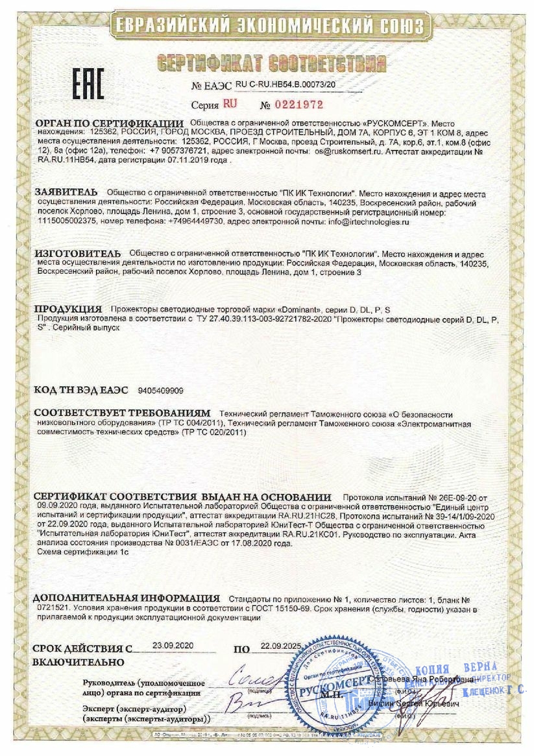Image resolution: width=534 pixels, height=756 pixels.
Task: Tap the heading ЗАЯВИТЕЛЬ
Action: pyautogui.click(x=66, y=193)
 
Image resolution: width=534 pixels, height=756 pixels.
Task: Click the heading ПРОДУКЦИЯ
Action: pyautogui.click(x=68, y=309)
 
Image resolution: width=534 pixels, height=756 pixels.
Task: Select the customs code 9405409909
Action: pyautogui.click(x=161, y=391)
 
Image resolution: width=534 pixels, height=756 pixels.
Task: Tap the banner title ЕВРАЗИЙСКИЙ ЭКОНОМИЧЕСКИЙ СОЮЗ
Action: pyautogui.click(x=268, y=27)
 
